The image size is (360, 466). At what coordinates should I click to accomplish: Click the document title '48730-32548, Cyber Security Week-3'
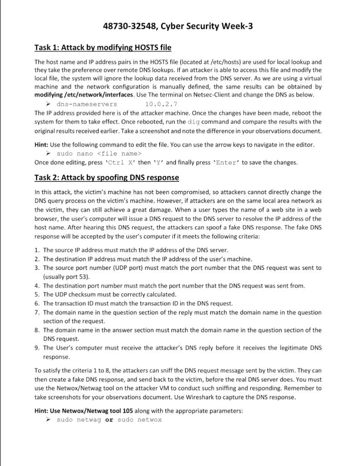coord(178,26)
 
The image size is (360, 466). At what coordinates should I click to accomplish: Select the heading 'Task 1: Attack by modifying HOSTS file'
coord(102,47)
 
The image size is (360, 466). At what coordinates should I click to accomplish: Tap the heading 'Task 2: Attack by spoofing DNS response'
coord(106,177)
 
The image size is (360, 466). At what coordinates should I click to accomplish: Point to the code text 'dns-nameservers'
coord(86,104)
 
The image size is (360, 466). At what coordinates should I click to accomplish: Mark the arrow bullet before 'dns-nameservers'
coord(51,104)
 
